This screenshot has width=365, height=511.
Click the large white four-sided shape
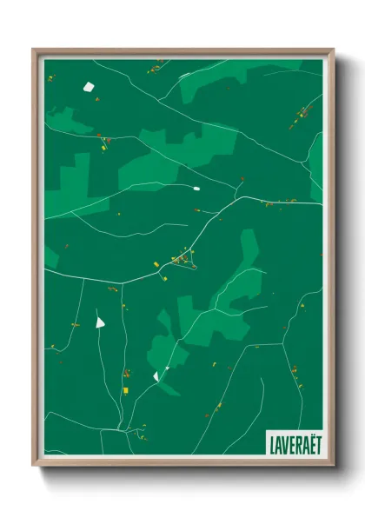pyautogui.click(x=87, y=86)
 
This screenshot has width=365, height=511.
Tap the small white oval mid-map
pyautogui.click(x=196, y=188)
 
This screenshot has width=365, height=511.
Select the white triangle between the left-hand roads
pyautogui.click(x=101, y=321)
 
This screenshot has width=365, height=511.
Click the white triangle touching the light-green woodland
pyautogui.click(x=156, y=375)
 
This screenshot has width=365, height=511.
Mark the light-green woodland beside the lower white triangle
pyautogui.click(x=165, y=352)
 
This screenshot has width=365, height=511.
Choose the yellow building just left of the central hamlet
pyautogui.click(x=156, y=263)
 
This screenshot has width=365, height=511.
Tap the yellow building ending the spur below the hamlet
pyautogui.click(x=162, y=279)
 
